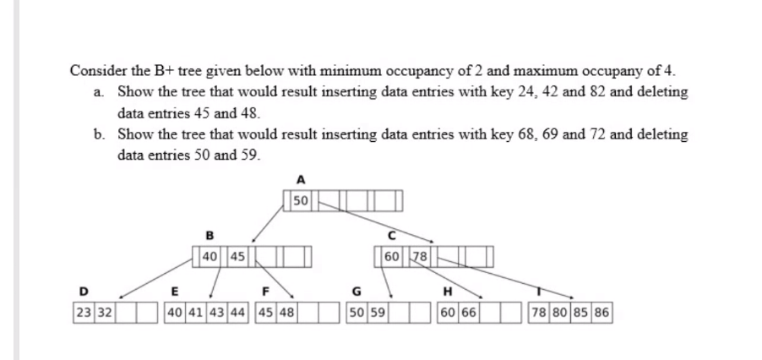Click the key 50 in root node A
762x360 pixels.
pyautogui.click(x=301, y=200)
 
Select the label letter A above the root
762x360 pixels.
pyautogui.click(x=301, y=179)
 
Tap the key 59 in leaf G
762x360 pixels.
pyautogui.click(x=378, y=312)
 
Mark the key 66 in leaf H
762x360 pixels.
pyautogui.click(x=470, y=312)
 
